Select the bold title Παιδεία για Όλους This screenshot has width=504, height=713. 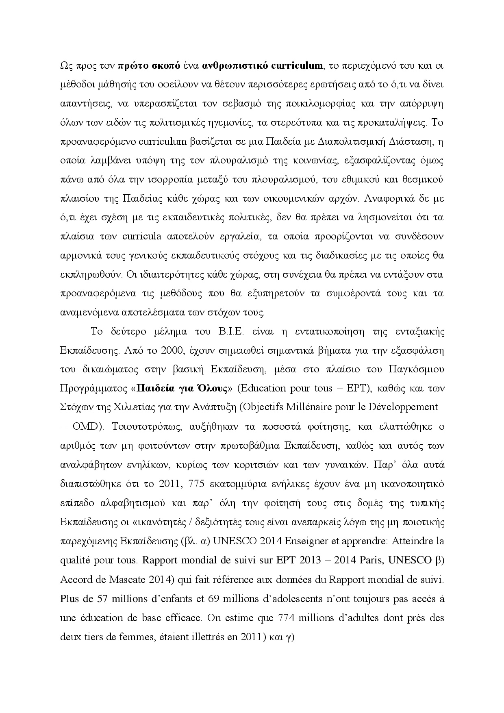(x=181, y=388)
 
